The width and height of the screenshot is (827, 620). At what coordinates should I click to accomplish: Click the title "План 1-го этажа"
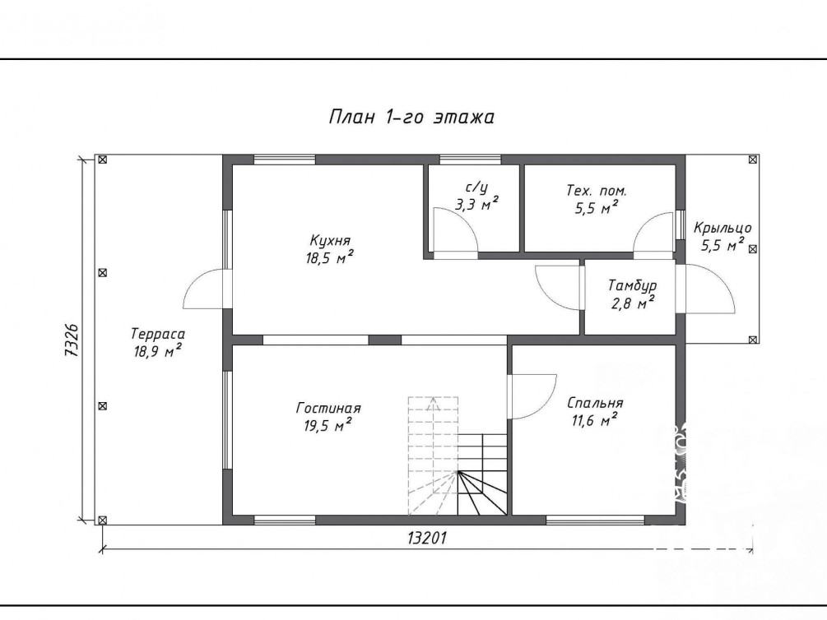click(411, 117)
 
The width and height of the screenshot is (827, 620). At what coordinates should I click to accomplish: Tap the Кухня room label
click(330, 240)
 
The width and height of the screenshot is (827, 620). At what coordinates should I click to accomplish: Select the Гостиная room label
click(328, 408)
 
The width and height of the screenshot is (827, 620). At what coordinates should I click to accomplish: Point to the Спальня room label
click(595, 403)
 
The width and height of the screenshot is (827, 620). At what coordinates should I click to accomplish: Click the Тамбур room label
click(632, 286)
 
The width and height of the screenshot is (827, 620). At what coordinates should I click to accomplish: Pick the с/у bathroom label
click(476, 187)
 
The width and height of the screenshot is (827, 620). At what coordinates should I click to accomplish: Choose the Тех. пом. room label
click(597, 190)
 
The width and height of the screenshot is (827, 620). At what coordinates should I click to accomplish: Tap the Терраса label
click(158, 334)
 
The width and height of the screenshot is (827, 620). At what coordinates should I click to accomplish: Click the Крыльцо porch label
click(722, 229)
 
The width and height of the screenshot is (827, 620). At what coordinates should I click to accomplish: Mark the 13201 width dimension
click(427, 538)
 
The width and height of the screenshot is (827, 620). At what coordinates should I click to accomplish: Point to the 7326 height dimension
click(72, 340)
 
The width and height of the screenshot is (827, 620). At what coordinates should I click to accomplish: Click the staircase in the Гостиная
click(458, 456)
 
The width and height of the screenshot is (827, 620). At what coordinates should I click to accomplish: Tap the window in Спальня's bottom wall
click(595, 521)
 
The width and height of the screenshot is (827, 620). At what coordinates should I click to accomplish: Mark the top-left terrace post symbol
click(102, 160)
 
